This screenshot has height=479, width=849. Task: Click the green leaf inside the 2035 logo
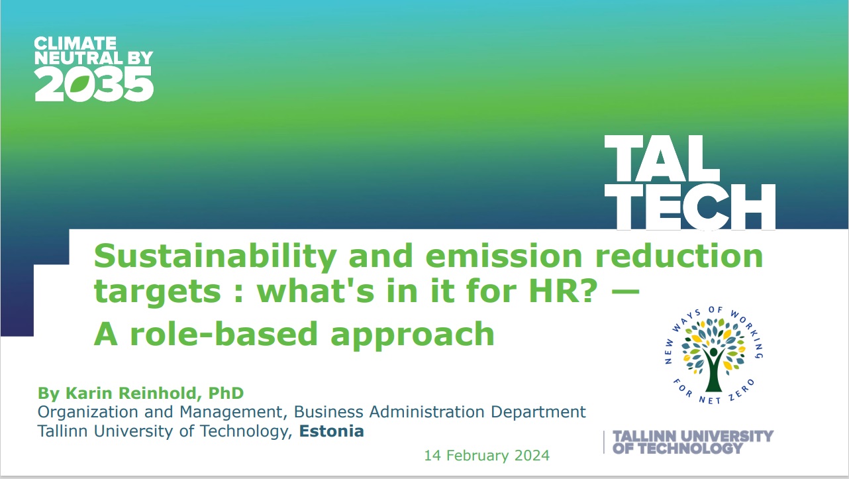pyautogui.click(x=80, y=84)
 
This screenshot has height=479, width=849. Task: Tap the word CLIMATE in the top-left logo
pyautogui.click(x=75, y=43)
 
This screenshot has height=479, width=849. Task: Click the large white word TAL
pyautogui.click(x=662, y=158)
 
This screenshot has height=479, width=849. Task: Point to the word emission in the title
pyautogui.click(x=504, y=255)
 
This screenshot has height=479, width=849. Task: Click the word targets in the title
pyautogui.click(x=158, y=292)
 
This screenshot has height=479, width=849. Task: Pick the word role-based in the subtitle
pyautogui.click(x=224, y=333)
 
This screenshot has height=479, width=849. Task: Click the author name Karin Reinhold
pyautogui.click(x=131, y=394)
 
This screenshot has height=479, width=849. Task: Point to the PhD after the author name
pyautogui.click(x=226, y=394)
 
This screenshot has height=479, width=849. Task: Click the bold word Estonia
pyautogui.click(x=332, y=431)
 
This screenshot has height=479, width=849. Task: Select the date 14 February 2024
pyautogui.click(x=487, y=455)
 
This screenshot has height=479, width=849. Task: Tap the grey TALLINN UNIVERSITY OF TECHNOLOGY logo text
pyautogui.click(x=693, y=442)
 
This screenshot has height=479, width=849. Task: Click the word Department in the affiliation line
pyautogui.click(x=538, y=413)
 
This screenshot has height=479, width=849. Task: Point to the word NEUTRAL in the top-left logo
pyautogui.click(x=78, y=58)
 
